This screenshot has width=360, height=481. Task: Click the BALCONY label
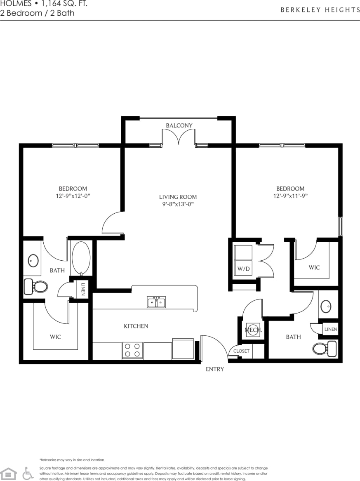click(179, 125)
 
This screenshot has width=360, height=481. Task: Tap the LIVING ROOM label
click(178, 197)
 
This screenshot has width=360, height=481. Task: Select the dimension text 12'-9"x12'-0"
click(73, 196)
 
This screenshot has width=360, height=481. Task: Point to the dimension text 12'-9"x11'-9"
click(290, 196)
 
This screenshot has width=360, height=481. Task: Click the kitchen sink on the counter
click(157, 302)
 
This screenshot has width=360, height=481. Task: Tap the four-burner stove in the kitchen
click(132, 350)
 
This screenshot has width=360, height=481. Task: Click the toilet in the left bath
click(35, 286)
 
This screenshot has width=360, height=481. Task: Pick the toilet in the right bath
click(324, 348)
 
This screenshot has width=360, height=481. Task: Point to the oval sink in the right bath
click(326, 306)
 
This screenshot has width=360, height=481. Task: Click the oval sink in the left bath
click(33, 261)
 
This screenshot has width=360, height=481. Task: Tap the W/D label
click(243, 269)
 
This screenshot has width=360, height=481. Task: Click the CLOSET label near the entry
click(241, 351)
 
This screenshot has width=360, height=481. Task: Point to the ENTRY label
click(214, 369)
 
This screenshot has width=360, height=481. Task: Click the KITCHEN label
click(136, 326)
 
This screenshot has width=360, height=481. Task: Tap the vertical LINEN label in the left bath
click(83, 289)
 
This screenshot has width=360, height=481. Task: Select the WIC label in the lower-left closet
click(55, 337)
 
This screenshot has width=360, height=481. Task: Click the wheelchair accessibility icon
click(28, 473)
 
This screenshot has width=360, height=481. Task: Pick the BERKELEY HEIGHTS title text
click(320, 10)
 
